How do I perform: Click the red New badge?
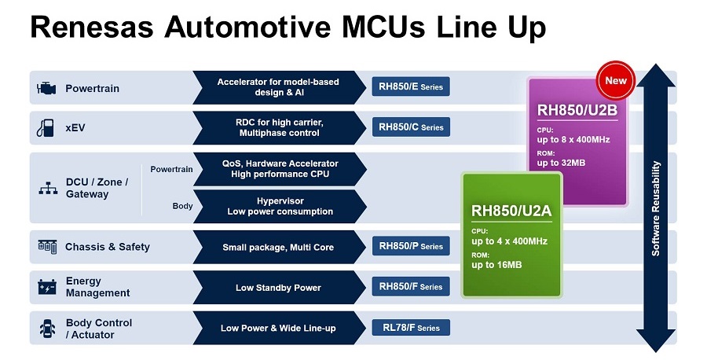point(616,80)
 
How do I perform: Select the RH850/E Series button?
point(411,86)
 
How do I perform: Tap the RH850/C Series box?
point(411,127)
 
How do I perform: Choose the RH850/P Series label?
point(411,246)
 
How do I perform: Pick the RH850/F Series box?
point(411,286)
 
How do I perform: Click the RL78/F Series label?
point(411,328)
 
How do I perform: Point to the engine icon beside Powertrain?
point(46,88)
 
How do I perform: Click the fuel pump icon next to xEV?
point(46,127)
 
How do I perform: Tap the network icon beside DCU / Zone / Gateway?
point(48,188)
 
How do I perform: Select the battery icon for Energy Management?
point(47,287)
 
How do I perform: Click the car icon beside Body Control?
point(47,329)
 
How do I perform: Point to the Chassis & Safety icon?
point(47,246)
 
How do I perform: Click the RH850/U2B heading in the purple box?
point(577,110)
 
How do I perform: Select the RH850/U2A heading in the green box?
point(511,211)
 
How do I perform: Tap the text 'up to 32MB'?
point(561,163)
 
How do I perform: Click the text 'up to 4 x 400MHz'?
point(510,241)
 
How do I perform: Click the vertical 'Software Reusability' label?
point(656,208)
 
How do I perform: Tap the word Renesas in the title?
point(92,27)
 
